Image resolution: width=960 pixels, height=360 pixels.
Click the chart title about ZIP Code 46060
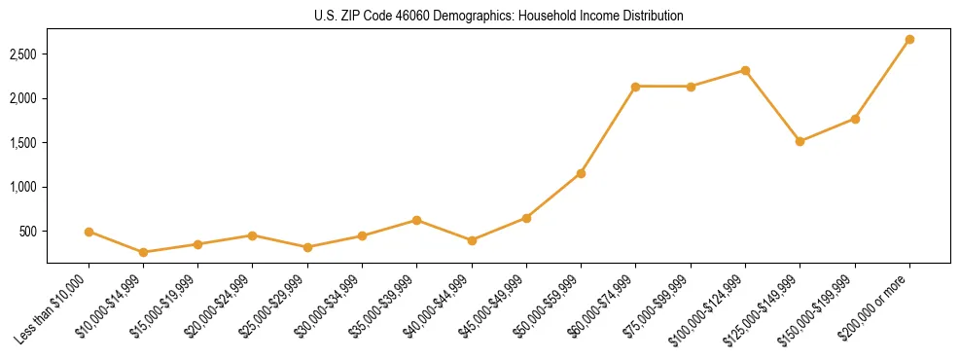498,17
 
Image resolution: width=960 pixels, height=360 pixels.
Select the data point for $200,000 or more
909,40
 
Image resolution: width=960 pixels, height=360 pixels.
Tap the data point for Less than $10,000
89,232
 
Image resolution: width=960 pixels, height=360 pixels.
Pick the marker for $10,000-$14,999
144,252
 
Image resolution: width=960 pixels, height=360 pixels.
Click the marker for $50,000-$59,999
581,173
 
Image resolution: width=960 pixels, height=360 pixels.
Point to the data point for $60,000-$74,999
635,87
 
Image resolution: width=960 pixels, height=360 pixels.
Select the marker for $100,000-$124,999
745,70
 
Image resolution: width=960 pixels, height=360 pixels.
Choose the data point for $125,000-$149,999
800,141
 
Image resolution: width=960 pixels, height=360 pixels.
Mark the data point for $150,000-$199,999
855,119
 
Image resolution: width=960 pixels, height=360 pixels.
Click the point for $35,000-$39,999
417,220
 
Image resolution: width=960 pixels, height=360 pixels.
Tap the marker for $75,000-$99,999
691,87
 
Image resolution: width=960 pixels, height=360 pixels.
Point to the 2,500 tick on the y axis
24,54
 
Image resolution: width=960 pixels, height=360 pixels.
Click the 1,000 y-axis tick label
24,187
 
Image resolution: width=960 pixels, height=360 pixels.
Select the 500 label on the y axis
29,232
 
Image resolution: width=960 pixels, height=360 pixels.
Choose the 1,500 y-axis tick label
24,143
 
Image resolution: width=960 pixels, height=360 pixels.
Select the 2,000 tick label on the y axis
24,98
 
